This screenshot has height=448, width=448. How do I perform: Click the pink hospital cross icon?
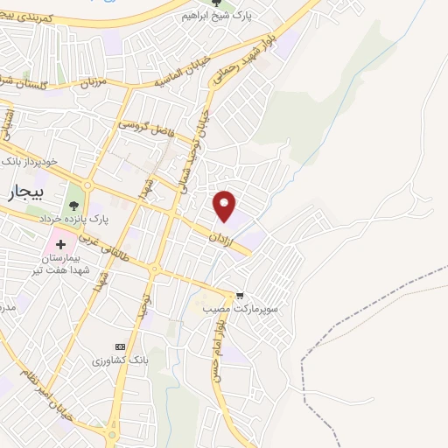[61, 242]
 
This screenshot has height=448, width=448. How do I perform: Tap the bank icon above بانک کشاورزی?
[120, 346]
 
